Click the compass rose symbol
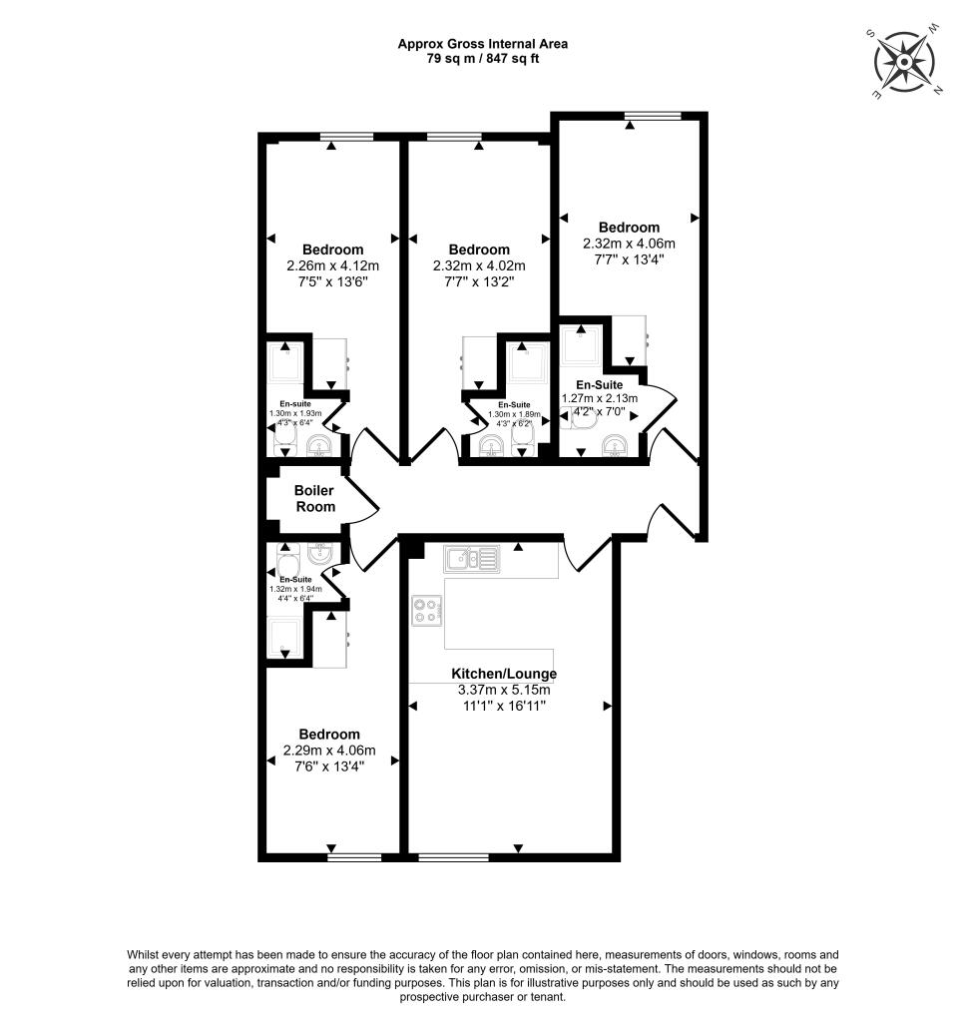906,62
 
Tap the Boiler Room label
313,498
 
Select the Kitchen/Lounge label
504,674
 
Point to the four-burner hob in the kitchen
426,610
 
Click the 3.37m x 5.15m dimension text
504,690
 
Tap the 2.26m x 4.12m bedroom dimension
332,265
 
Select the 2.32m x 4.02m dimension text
479,265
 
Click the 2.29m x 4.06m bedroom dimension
329,751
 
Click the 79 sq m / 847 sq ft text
483,58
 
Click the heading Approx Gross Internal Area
483,43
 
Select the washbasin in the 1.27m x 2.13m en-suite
612,444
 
